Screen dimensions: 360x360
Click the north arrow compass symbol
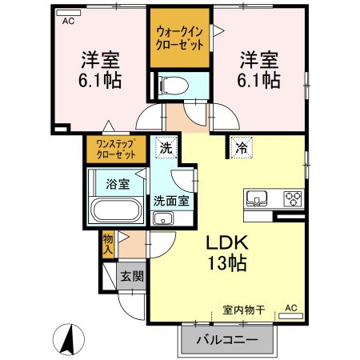pos(69,339)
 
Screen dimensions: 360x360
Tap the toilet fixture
pos(174,86)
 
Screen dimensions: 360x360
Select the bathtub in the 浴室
pos(116,210)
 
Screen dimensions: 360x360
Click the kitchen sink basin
pos(257,198)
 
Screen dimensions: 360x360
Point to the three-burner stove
pos(293,198)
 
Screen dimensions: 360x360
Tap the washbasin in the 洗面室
pos(163,218)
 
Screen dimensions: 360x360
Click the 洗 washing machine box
pos(166,147)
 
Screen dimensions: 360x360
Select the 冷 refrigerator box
pos(242,147)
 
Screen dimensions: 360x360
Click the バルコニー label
pos(227,340)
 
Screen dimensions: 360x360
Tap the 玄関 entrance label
pos(132,276)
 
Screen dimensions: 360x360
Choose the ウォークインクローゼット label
pos(180,38)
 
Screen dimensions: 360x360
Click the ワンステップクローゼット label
pos(116,149)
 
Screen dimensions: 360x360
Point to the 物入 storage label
pos(108,245)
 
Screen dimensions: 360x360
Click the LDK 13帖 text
pos(227,252)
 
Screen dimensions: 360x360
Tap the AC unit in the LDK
pos(290,316)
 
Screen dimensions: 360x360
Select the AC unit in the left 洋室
pos(69,13)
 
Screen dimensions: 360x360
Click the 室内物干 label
pos(244,310)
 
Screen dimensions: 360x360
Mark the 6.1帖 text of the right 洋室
pos(258,80)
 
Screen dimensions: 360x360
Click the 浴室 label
pos(118,184)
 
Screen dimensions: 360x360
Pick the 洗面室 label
pos(171,201)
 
